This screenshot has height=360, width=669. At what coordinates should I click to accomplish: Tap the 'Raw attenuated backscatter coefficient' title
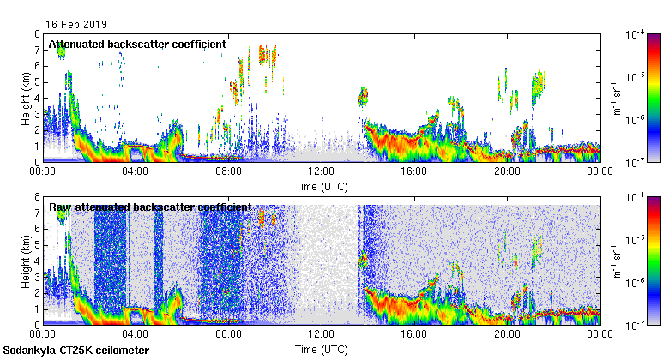pos(150,207)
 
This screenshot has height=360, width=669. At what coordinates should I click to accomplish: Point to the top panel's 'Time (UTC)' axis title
pos(321,185)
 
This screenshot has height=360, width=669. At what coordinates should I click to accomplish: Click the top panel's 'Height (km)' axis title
pos(26,98)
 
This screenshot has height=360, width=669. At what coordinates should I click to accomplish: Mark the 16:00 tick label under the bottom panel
pos(414,336)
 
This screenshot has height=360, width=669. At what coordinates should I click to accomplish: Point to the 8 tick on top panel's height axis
pos(37,34)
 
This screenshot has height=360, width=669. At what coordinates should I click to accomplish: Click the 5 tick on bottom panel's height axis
pos(37,245)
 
